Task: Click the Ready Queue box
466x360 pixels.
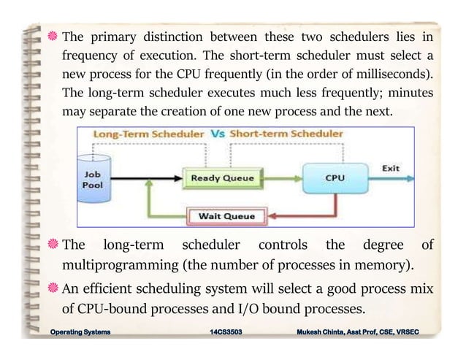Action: (x=222, y=178)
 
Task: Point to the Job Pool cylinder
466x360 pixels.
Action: (x=93, y=176)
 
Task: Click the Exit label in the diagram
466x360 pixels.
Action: (x=391, y=168)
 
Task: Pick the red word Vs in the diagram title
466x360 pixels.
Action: (x=217, y=134)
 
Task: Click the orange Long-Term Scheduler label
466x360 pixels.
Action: (x=149, y=134)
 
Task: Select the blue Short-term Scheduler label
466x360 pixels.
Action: (x=286, y=134)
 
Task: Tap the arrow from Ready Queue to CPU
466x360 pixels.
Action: (x=282, y=178)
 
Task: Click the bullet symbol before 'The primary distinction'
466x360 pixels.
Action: (x=53, y=37)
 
